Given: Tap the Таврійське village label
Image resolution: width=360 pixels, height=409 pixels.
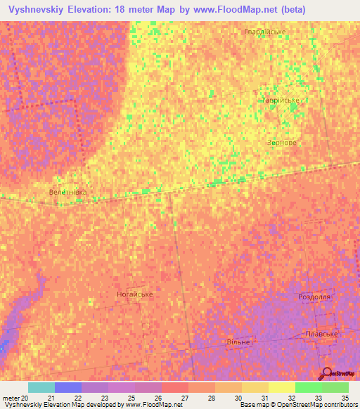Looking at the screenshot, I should click(281, 100).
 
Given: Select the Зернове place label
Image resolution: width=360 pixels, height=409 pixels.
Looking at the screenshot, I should click(281, 142).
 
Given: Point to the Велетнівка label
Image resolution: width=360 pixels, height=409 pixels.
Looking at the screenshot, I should click(68, 191).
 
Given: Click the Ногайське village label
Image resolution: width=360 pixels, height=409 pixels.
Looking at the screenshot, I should click(134, 294).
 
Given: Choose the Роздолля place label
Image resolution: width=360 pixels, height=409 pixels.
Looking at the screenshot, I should click(314, 297).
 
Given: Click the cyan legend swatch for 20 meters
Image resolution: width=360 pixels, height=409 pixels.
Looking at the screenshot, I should click(41, 387).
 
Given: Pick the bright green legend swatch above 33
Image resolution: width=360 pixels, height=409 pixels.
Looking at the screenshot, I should click(308, 387).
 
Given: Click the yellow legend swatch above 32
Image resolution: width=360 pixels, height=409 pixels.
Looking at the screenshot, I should click(281, 387).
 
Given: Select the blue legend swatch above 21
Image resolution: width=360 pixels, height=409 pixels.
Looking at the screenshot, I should click(68, 387).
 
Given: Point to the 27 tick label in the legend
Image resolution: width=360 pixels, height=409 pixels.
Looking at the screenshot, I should click(185, 398).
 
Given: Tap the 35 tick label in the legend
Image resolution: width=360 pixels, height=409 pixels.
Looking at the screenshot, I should click(345, 398).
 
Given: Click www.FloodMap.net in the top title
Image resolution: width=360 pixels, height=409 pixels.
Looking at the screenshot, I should click(236, 10).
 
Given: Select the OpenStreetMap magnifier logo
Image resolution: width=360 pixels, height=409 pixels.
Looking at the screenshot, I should click(326, 373).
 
